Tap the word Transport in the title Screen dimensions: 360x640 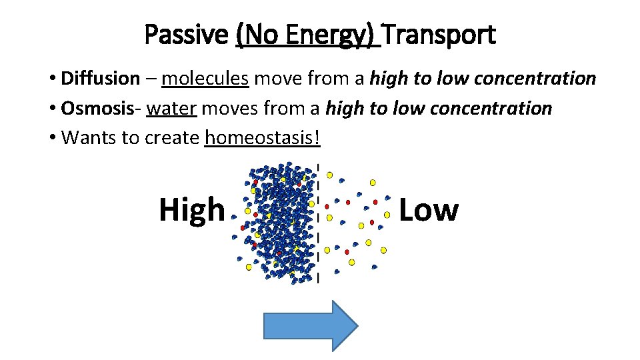click(439, 35)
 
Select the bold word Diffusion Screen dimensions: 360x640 click(100, 79)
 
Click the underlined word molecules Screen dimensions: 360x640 click(205, 79)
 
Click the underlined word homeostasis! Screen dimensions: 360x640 click(263, 138)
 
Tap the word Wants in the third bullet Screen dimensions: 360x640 click(85, 138)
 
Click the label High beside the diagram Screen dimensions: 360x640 click(192, 209)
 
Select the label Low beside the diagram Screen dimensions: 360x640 click(428, 209)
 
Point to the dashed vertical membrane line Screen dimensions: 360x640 click(318, 223)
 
